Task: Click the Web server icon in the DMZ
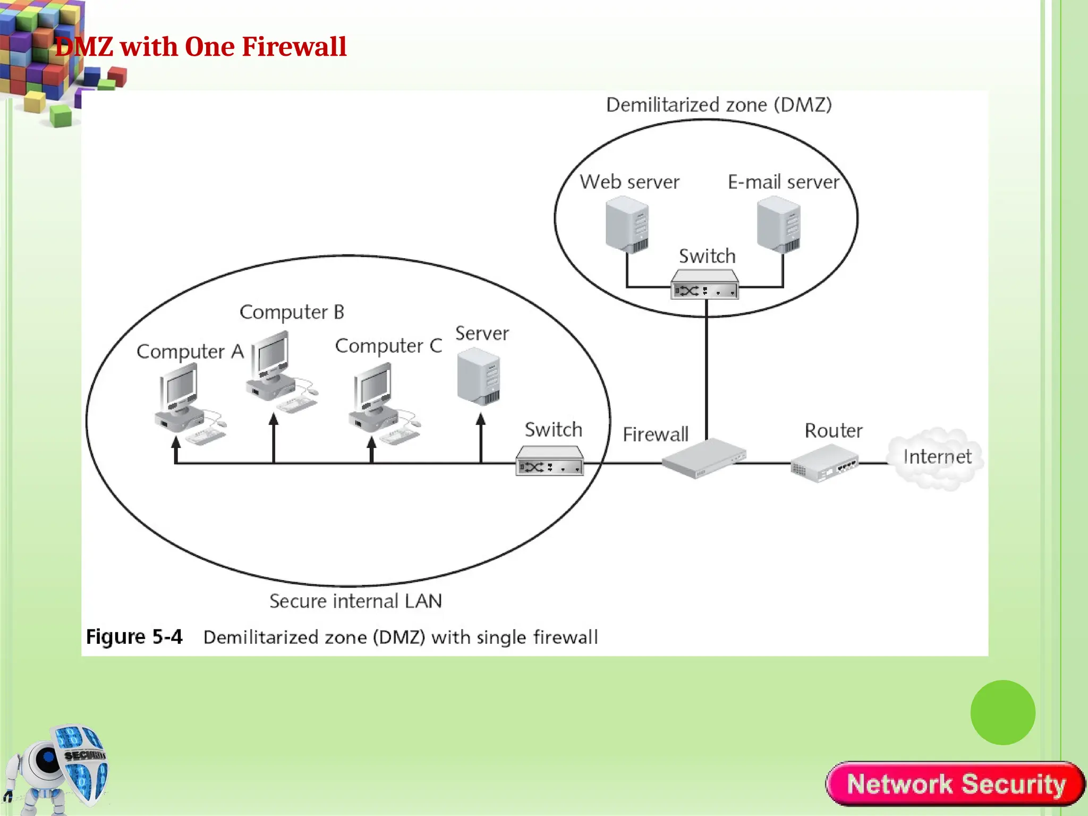[627, 224]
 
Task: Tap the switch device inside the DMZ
[704, 285]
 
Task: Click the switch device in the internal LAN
[549, 461]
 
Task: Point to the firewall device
[703, 458]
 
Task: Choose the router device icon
[824, 463]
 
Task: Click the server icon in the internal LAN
[478, 377]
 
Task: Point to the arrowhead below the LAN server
[481, 420]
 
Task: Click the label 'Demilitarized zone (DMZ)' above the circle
[718, 105]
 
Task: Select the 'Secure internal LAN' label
[355, 601]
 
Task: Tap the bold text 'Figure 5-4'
[134, 636]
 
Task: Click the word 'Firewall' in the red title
[294, 47]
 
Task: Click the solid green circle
[1002, 712]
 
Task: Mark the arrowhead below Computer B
[274, 420]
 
